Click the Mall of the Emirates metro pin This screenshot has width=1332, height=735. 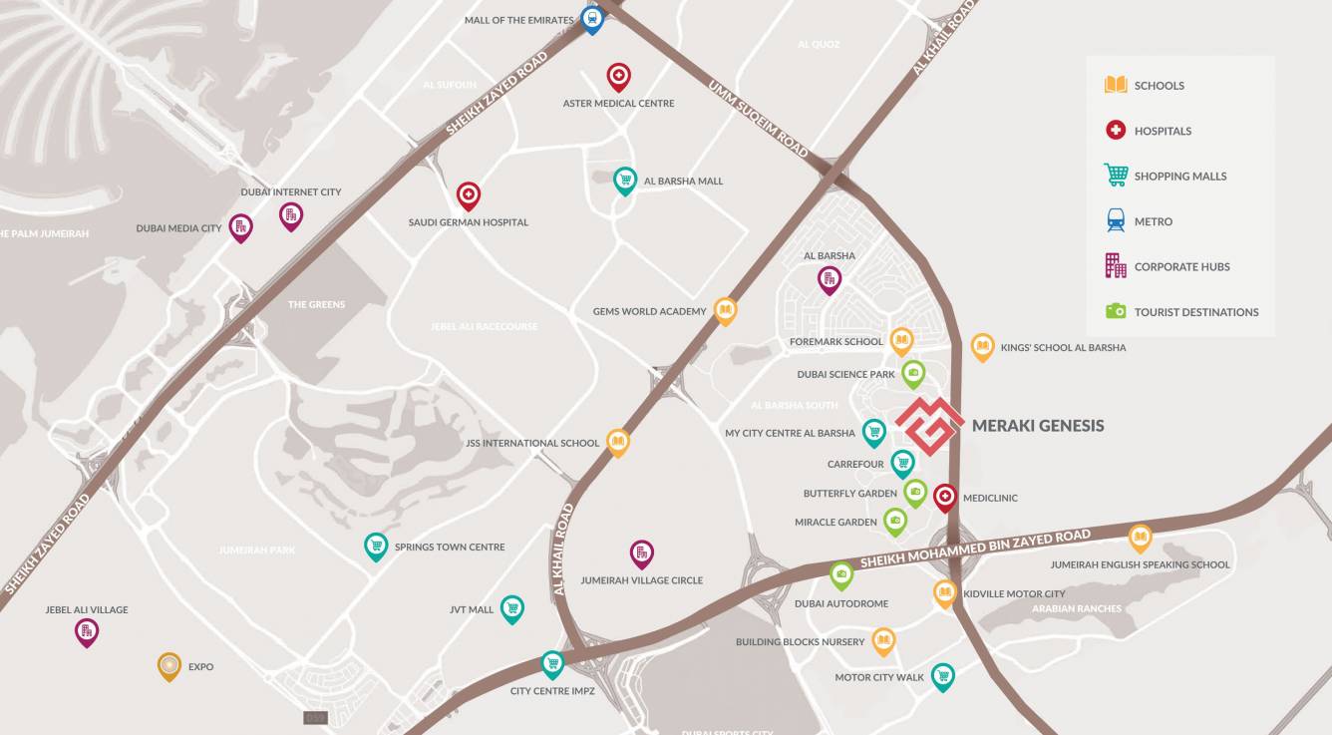click(592, 19)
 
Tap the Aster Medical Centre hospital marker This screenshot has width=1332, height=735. click(619, 76)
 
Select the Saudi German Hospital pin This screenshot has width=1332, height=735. click(469, 195)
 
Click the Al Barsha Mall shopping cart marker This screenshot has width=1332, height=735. click(625, 180)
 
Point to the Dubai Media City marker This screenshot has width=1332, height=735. click(240, 227)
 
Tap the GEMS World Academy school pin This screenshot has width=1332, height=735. click(725, 311)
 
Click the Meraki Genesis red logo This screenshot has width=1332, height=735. click(928, 426)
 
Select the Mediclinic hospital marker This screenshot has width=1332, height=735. click(945, 497)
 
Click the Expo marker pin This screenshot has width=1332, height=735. click(169, 665)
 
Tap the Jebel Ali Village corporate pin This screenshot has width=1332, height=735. click(87, 631)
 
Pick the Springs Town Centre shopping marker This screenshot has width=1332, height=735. click(376, 546)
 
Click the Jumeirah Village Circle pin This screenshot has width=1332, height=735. click(642, 553)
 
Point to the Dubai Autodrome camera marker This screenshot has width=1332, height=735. click(841, 574)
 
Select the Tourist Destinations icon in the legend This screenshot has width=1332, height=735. click(1116, 311)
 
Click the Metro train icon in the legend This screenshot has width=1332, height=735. click(1116, 220)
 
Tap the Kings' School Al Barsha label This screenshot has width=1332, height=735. click(1063, 347)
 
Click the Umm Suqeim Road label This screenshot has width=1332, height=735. click(758, 119)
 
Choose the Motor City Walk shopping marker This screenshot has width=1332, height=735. click(942, 676)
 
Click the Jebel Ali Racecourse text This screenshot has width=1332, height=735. click(485, 327)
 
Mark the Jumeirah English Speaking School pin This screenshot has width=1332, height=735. click(1140, 539)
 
